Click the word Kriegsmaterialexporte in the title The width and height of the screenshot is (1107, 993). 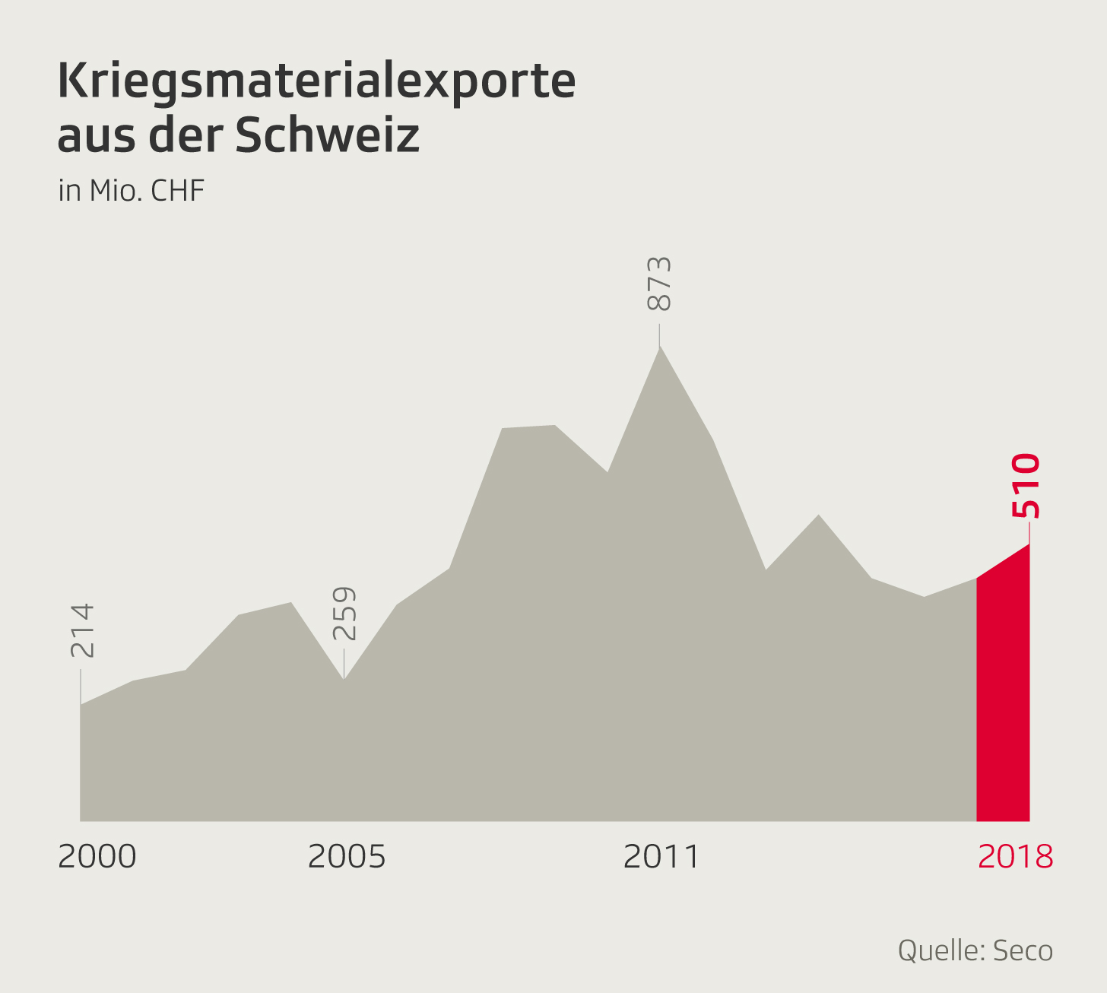(316, 82)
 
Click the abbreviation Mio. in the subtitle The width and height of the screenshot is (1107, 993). (114, 190)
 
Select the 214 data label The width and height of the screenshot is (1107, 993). (81, 630)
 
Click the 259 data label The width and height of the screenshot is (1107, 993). (344, 614)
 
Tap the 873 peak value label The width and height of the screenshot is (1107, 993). (659, 284)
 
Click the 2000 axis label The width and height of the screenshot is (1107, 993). (97, 857)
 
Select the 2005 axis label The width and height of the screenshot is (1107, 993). (347, 857)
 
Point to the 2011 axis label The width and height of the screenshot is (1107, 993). (661, 857)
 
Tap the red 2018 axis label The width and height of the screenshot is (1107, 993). (1015, 857)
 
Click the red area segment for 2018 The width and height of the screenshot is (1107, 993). (1004, 700)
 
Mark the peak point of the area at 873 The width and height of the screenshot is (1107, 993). (659, 347)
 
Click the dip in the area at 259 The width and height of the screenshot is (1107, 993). (344, 679)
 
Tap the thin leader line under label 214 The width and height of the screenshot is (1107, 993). (81, 686)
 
